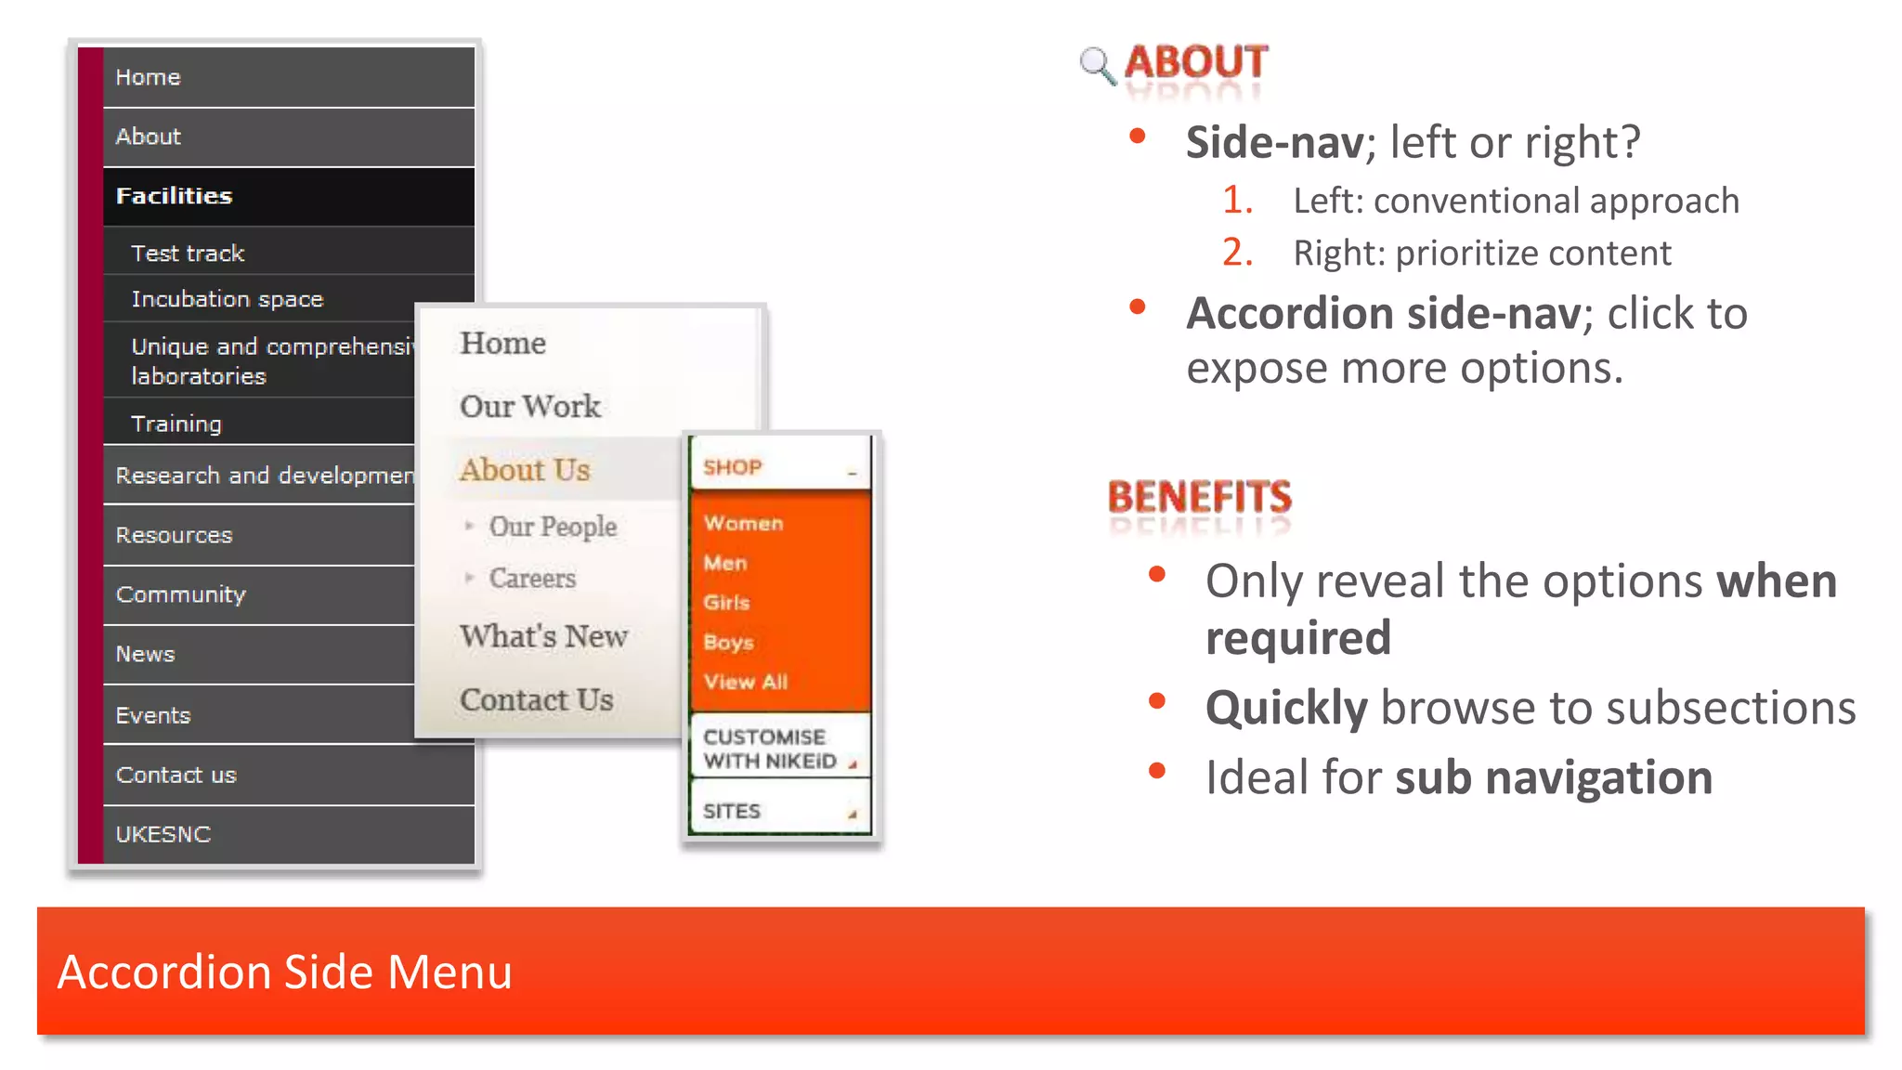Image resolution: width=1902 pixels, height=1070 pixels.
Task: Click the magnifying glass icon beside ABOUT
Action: click(1097, 65)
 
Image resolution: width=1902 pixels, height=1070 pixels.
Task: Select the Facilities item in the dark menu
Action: click(175, 196)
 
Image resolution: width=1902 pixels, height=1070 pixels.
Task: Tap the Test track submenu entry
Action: click(188, 253)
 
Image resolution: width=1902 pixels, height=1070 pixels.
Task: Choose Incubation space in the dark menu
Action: click(228, 298)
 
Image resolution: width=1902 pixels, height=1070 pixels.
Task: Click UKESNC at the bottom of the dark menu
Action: click(163, 834)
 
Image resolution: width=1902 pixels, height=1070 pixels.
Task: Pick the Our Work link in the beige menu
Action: click(530, 406)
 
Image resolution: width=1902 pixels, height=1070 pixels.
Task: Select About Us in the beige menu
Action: click(525, 470)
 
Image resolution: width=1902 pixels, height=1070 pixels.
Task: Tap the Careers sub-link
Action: click(532, 578)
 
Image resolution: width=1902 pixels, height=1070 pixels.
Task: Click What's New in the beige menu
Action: click(544, 636)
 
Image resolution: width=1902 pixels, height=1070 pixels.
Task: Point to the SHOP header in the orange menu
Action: click(733, 467)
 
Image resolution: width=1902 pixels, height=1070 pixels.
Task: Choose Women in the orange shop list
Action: click(744, 523)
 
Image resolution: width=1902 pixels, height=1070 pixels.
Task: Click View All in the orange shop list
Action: click(746, 682)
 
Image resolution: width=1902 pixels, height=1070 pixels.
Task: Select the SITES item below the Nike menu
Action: click(732, 811)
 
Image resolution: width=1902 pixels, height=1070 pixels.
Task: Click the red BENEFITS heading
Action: click(1199, 497)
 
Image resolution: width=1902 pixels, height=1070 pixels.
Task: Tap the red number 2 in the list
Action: click(1237, 253)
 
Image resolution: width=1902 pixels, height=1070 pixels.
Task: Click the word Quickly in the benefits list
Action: click(1286, 708)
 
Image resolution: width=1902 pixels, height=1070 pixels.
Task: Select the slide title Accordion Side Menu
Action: click(285, 972)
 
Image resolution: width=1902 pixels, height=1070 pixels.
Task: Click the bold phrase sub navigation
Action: click(1554, 777)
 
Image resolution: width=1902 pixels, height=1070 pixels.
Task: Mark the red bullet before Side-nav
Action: click(1137, 137)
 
